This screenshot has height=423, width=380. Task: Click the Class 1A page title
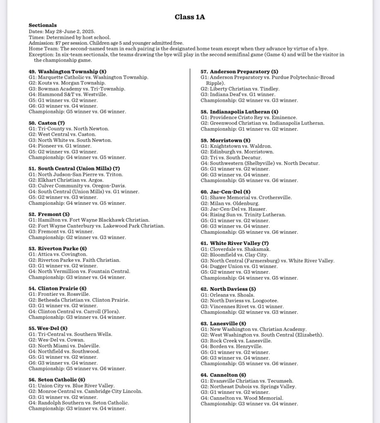[x=190, y=17]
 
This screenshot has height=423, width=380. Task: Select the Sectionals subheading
[x=43, y=25]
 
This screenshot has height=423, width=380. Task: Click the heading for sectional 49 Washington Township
[x=67, y=72]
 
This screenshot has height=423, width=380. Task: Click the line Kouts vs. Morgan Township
[x=67, y=83]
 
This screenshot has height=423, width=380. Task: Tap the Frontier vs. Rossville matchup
[x=59, y=294]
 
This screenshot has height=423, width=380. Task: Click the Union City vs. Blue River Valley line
[x=72, y=385]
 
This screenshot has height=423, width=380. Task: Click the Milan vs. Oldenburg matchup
[x=230, y=203]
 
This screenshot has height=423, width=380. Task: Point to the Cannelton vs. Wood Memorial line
[x=242, y=398]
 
